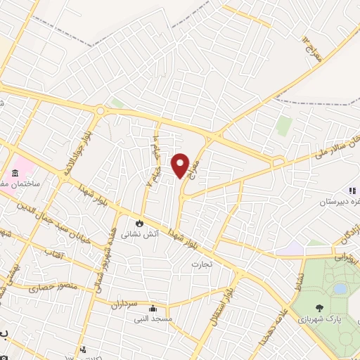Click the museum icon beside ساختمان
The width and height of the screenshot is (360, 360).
(x=15, y=173)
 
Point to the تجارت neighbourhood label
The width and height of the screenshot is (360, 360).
(x=201, y=264)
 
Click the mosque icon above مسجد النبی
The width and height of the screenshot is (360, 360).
(x=153, y=308)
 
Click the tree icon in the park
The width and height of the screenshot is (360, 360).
(x=321, y=307)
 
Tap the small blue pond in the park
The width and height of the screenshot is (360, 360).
(x=340, y=288)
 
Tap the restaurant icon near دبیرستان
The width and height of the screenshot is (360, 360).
(x=352, y=191)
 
